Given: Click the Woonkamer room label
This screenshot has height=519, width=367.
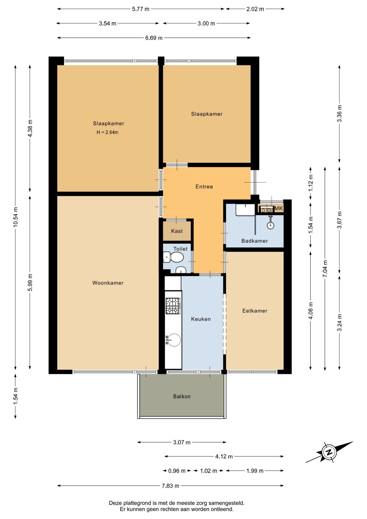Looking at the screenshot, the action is tap(108, 283).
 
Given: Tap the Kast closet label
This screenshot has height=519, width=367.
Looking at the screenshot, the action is tap(177, 231).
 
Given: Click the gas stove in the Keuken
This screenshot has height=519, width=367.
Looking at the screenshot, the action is tap(173, 306).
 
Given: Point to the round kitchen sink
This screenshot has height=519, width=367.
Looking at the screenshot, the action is tap(174, 340).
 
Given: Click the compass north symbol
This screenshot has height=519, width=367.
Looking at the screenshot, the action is tap(329, 452).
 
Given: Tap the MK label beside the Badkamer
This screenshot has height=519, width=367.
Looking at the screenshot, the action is tap(279, 208).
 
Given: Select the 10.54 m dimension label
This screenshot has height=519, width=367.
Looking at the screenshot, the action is tap(16, 217).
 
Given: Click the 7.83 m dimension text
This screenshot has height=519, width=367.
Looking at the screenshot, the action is tap(171, 486).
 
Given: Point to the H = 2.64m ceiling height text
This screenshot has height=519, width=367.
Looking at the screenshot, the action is tap(107, 133).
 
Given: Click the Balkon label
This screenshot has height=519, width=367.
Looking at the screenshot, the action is tap(182, 397).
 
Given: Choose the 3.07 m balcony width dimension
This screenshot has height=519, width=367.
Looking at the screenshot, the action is tap(182, 442).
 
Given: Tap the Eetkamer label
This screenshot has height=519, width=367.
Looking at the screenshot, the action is tap(255, 311).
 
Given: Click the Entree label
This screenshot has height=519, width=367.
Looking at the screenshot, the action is tap(204, 186).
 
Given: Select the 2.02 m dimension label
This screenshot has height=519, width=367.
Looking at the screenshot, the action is tap(255, 9).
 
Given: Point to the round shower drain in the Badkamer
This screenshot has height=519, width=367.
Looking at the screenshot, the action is tap(270, 225).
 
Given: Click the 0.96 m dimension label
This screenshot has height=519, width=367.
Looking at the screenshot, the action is tap(177, 471).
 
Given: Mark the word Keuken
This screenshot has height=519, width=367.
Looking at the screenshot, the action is tap(201, 319).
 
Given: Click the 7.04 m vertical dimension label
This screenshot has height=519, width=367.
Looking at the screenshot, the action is tap(325, 269).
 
